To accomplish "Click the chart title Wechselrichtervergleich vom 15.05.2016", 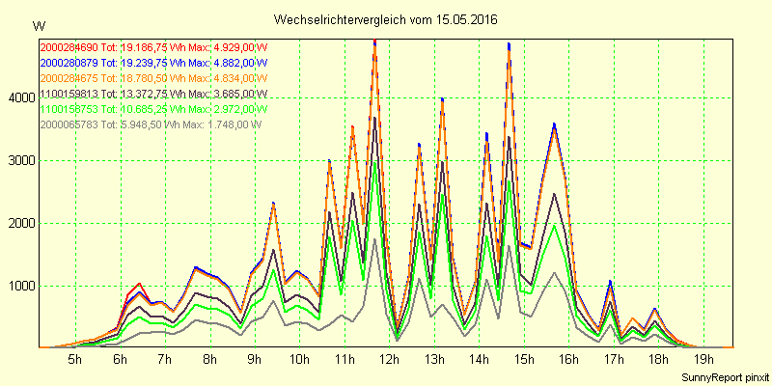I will pos(387,19).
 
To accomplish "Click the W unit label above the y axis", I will pos(38,25).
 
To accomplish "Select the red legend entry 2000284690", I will pos(69,45).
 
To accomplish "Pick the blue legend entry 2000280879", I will pos(69,62).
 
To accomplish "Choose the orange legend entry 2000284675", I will pos(69,77).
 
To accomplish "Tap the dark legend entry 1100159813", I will pos(69,94).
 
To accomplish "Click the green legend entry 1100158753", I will pos(69,109).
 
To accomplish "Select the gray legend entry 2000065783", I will pos(69,124).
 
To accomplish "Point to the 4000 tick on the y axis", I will pos(19,97).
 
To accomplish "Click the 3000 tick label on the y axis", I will pos(19,160).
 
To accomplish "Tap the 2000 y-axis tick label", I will pos(19,223).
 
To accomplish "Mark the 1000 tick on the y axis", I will pos(19,286).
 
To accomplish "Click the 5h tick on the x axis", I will pos(74,360).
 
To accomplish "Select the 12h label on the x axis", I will pos(389,360).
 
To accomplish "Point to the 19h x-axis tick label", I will pos(703,360).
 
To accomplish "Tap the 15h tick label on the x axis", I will pos(524,360).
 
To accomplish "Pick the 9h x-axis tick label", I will pos(254,360).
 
